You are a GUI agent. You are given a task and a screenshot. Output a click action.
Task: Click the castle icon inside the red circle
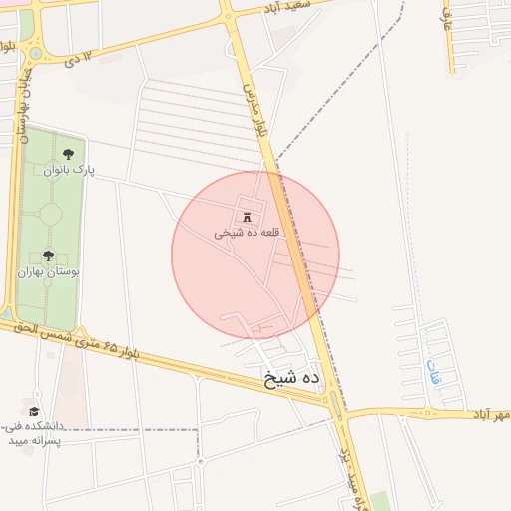247,217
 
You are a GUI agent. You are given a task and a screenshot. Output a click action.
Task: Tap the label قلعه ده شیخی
247,233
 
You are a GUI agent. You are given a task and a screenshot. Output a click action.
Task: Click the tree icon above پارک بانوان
68,154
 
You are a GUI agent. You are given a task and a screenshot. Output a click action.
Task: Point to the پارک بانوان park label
68,170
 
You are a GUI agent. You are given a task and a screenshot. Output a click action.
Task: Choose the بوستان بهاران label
48,271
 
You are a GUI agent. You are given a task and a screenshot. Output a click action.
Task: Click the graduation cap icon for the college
34,411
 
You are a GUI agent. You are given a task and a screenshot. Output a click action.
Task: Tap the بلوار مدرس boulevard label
257,110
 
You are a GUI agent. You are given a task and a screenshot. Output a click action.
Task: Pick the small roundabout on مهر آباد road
433,411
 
